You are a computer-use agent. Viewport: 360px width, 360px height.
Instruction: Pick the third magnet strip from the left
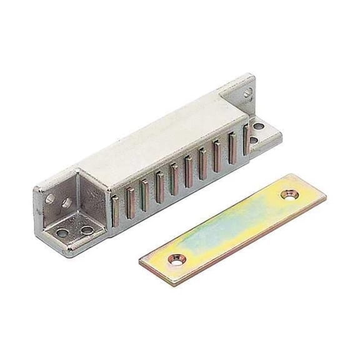point(144,193)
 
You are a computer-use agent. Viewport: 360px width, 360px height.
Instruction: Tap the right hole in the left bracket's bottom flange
point(86,230)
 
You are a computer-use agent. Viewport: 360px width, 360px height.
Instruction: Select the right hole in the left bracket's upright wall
point(64,204)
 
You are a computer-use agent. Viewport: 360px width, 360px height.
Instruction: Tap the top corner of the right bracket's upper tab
point(251,75)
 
